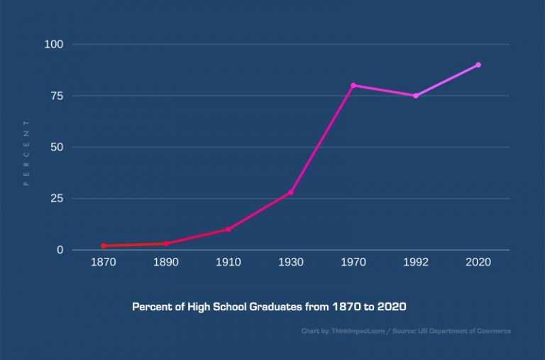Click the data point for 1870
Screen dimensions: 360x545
click(104, 246)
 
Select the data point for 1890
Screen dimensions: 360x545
click(166, 244)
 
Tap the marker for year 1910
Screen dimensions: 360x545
click(229, 229)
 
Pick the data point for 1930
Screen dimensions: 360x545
click(291, 192)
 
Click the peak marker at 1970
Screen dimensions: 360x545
click(353, 85)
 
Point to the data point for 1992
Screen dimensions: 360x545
click(416, 96)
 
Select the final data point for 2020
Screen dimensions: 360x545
click(478, 65)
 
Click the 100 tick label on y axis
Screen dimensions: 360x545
click(54, 44)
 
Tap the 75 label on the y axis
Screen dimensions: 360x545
click(57, 96)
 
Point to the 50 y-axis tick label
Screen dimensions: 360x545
click(57, 147)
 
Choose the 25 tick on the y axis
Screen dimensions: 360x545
click(57, 199)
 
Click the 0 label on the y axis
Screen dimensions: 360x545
click(60, 250)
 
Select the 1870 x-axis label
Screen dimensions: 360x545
click(104, 263)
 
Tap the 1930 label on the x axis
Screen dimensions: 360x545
click(291, 263)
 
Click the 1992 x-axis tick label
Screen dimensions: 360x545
click(416, 263)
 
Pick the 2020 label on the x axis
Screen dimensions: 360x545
click(478, 263)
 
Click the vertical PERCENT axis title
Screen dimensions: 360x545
click(26, 153)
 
